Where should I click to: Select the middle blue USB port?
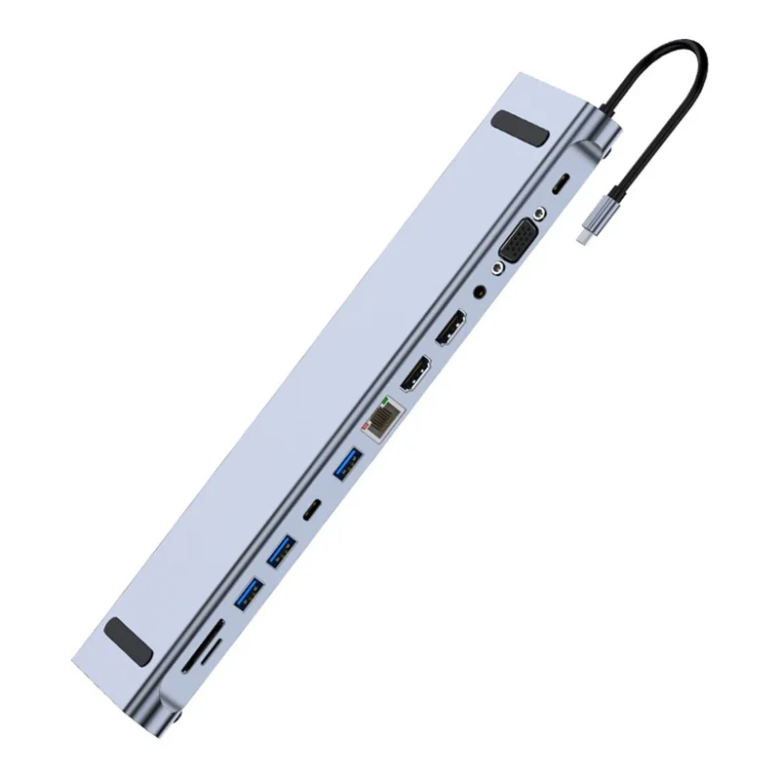pos(282,552)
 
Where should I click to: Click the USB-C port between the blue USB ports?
pos(313,510)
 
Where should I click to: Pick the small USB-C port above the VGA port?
pos(559,184)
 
